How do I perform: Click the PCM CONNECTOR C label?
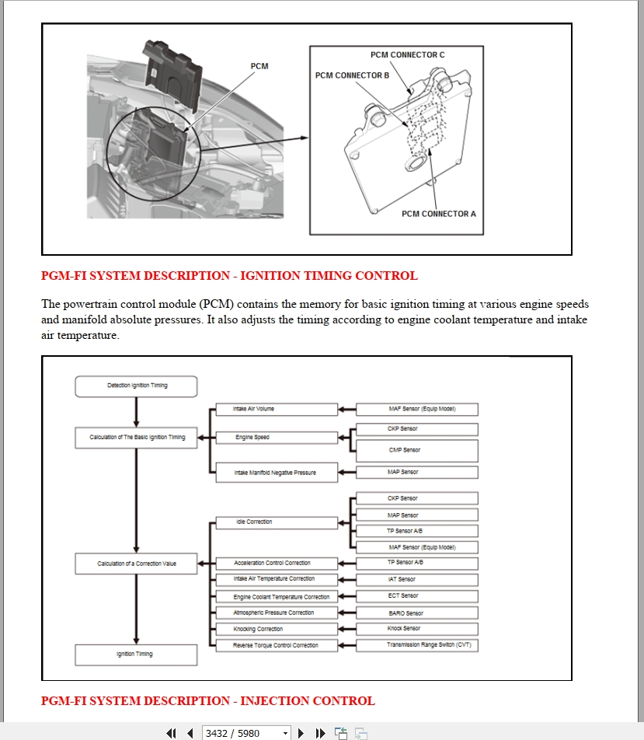(407, 55)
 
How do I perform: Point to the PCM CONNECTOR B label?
(352, 75)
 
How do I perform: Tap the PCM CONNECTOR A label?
(439, 214)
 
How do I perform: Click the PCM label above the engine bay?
(259, 66)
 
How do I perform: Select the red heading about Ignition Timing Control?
(229, 275)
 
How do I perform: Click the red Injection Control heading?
(207, 700)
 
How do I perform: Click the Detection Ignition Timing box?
(137, 386)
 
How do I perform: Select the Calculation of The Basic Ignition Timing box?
(137, 437)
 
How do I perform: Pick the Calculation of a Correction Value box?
(137, 564)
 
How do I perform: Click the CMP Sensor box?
(416, 450)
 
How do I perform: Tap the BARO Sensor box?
(416, 613)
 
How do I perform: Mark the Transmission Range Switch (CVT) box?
(416, 645)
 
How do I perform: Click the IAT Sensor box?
(416, 579)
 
